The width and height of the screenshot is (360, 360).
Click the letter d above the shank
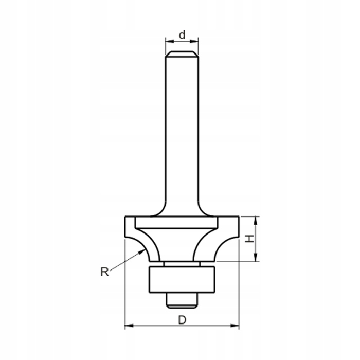pos(182,35)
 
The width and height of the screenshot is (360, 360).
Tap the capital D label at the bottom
pos(182,319)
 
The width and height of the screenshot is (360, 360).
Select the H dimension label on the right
pos(248,239)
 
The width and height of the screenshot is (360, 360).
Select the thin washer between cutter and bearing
pos(181,264)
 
